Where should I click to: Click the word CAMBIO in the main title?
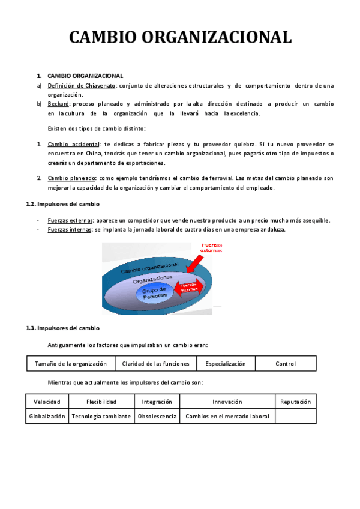[105, 37]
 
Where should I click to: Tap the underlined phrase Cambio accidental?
[74, 145]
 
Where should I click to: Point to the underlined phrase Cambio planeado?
[71, 178]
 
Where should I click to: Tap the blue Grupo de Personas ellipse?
[155, 293]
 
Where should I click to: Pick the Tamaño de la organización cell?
[71, 364]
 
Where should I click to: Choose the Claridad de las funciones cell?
[155, 364]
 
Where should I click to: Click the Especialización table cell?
[226, 364]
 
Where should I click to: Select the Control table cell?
[286, 364]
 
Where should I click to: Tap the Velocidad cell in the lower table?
[47, 402]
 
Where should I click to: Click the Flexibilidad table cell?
[101, 402]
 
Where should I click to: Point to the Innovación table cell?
[227, 402]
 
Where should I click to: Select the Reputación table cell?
[296, 402]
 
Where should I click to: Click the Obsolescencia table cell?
[157, 416]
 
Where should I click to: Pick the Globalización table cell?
[47, 416]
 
